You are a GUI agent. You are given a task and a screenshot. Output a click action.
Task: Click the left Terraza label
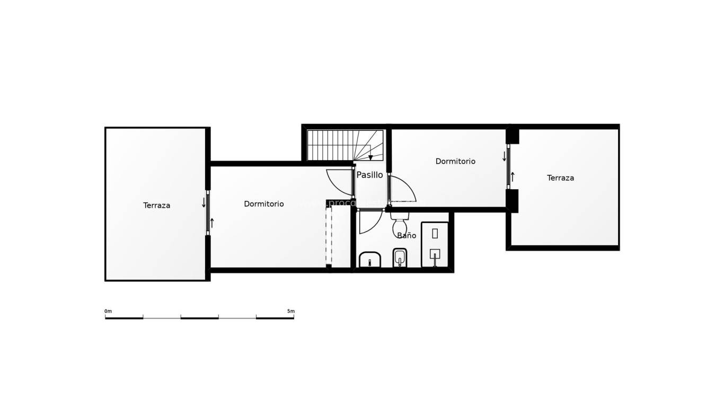point(156,206)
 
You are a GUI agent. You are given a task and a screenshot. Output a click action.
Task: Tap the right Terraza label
point(560,178)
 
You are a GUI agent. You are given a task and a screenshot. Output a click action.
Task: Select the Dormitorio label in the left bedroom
point(263,204)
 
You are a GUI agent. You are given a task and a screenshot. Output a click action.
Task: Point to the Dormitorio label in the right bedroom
point(455,162)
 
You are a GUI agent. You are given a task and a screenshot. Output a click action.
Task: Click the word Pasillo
point(369,175)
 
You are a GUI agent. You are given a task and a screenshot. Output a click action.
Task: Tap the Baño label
point(407,236)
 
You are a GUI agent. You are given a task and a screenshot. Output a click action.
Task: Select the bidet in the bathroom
point(400,259)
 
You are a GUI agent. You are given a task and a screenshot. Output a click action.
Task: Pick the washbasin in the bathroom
point(370,260)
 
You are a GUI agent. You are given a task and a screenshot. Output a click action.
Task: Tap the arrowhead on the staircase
point(370,157)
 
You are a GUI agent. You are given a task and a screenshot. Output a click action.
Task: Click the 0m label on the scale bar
point(108,311)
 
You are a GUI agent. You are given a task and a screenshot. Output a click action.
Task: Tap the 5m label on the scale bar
point(290,311)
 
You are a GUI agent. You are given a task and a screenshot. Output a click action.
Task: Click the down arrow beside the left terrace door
point(204,202)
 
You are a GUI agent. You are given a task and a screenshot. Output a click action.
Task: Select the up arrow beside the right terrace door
point(513,177)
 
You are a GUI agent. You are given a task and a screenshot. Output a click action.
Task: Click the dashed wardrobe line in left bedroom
point(329,236)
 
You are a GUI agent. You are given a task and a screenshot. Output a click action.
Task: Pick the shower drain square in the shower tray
point(435,254)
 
